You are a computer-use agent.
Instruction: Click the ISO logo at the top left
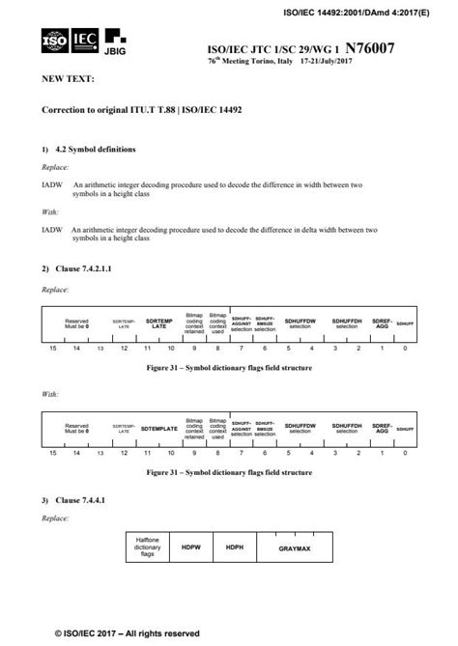tap(55, 42)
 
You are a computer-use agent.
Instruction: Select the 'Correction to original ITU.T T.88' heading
tap(141, 111)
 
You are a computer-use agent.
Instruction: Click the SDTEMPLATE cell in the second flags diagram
tap(159, 427)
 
